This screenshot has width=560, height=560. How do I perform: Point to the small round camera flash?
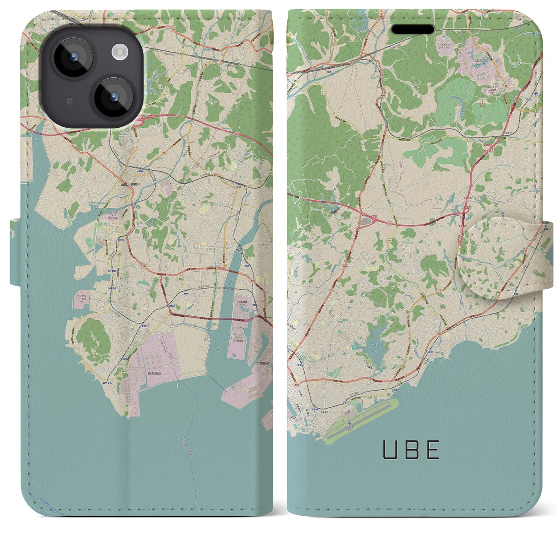pyautogui.click(x=119, y=53)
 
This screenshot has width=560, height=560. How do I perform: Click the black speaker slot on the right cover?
pyautogui.click(x=413, y=29)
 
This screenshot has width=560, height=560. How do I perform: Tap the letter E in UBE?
pyautogui.click(x=433, y=450)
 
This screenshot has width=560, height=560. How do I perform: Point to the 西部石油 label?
pyautogui.click(x=154, y=374)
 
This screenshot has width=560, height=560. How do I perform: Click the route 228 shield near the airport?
pyautogui.click(x=370, y=396)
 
